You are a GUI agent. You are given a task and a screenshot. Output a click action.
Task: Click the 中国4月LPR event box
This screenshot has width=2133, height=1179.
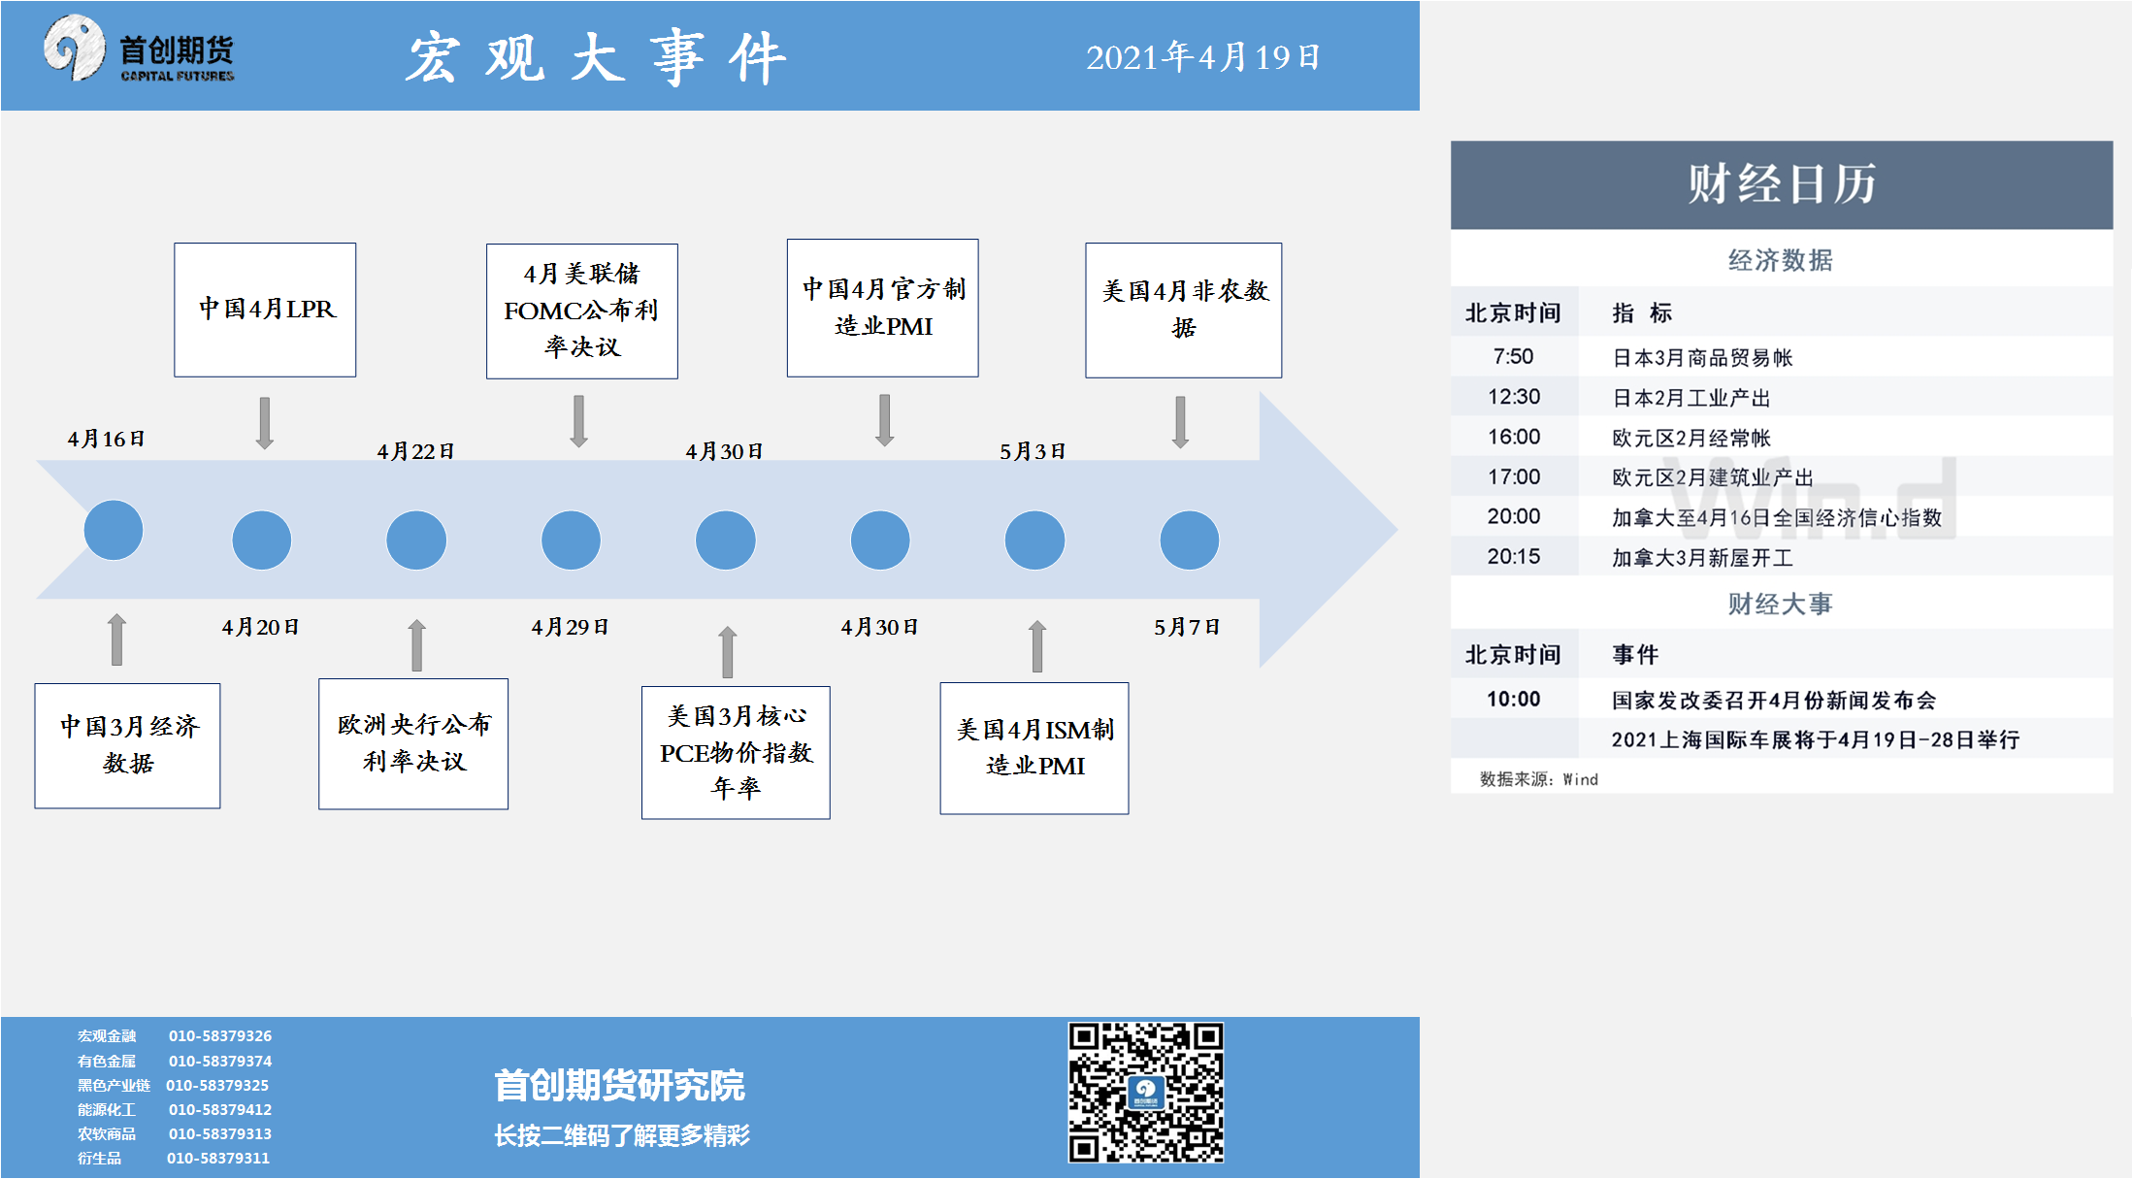coord(265,310)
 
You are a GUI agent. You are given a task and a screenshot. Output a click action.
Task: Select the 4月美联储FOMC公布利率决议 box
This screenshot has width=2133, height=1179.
coord(582,311)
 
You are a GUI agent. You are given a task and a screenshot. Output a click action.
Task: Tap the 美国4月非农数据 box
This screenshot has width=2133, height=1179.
coord(1184,310)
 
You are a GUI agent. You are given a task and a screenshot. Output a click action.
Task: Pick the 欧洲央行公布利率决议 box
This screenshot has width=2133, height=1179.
coord(413,743)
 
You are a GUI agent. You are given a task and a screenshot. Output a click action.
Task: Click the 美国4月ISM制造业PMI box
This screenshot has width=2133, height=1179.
coord(1034,748)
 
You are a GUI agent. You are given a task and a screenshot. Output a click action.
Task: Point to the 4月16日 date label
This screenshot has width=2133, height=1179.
coord(107,439)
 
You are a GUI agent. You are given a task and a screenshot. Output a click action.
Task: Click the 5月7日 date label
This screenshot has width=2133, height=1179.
coord(1187,627)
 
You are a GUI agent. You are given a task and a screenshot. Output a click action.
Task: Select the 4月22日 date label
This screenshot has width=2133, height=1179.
coord(416,451)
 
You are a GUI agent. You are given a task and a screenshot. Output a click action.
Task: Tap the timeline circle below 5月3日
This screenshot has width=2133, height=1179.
coord(1034,540)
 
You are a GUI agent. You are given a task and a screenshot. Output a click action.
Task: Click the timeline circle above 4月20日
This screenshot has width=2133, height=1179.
coord(262,540)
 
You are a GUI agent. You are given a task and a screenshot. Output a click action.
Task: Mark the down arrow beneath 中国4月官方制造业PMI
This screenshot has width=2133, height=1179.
coord(884,420)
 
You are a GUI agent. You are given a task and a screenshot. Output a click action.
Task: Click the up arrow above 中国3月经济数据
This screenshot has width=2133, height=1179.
coord(116,639)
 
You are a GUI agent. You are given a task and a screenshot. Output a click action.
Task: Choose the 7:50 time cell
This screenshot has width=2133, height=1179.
coord(1513,356)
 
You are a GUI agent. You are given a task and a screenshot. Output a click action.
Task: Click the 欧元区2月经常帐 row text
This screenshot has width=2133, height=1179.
coord(1691,438)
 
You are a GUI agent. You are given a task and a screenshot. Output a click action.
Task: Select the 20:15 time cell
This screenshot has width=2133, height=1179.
coord(1514,556)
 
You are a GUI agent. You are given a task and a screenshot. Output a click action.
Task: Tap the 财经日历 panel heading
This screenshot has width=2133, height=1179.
coord(1782,183)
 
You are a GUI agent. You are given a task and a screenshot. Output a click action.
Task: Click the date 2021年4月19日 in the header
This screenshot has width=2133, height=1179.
coord(1203,57)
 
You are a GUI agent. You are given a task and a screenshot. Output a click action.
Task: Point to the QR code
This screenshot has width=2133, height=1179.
coord(1146,1092)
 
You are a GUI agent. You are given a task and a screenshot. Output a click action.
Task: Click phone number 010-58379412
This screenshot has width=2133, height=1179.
coord(220,1109)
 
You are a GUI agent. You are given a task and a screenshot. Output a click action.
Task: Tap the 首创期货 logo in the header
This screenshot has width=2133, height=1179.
coord(139,49)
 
